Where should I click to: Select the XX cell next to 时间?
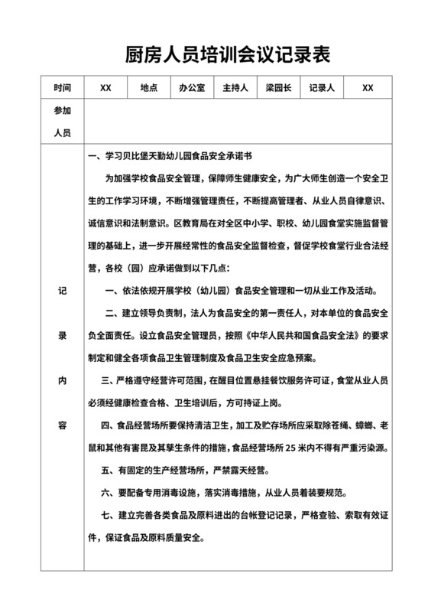tap(106, 88)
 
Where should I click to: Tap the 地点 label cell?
tap(149, 88)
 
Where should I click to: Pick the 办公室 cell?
tap(192, 88)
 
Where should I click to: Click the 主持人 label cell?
tap(235, 88)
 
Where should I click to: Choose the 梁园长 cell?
tap(278, 88)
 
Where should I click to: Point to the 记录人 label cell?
tap(322, 88)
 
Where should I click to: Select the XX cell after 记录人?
tap(368, 88)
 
